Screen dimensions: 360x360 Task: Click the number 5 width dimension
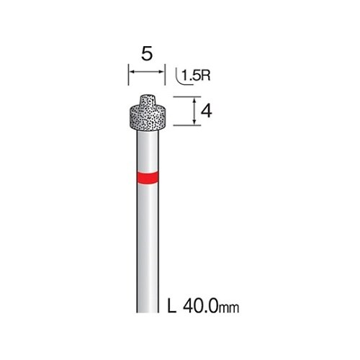(147, 54)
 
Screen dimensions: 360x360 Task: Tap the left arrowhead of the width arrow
(131, 72)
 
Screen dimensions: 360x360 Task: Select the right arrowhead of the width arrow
(162, 72)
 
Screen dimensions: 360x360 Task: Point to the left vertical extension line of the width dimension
(128, 74)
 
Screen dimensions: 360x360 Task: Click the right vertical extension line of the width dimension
(165, 74)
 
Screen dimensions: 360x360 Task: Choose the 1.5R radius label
(196, 76)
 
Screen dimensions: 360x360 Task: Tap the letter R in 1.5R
(205, 76)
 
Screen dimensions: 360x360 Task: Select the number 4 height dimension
(206, 112)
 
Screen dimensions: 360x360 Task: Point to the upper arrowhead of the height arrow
(194, 99)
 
